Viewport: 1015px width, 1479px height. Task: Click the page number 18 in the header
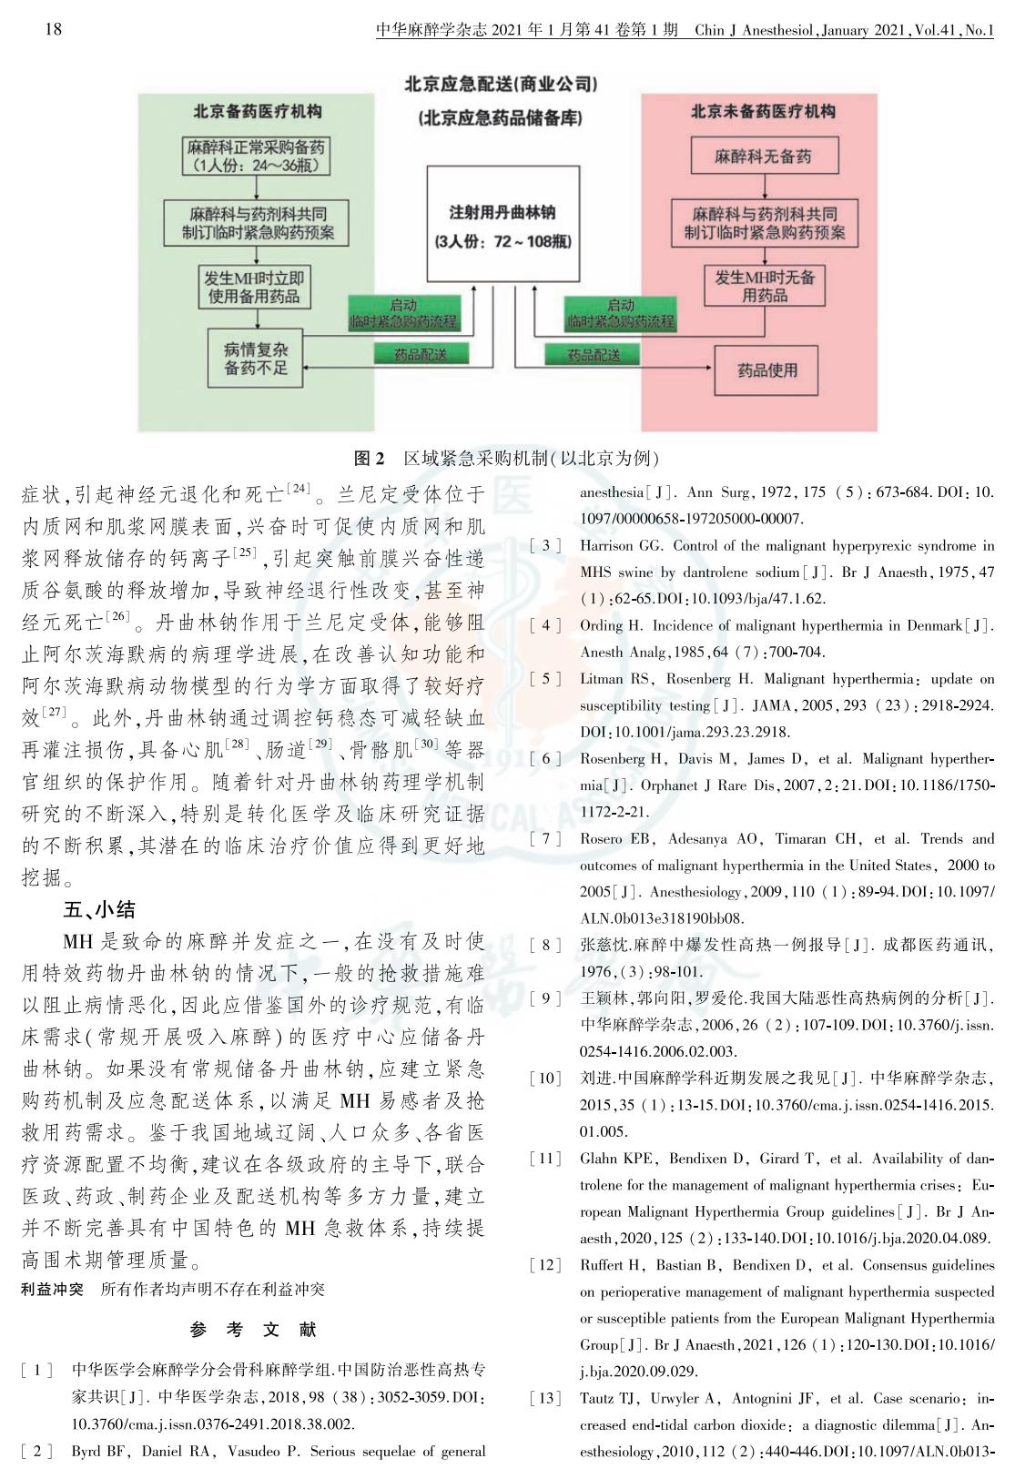tap(53, 29)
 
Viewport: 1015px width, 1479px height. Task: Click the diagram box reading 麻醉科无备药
tap(762, 156)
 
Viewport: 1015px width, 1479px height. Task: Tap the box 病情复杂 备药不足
tap(256, 358)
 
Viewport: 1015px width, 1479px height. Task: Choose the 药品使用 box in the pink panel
tap(766, 370)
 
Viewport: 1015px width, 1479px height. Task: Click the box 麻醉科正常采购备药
tap(256, 156)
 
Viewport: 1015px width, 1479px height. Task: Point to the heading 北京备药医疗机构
tap(257, 112)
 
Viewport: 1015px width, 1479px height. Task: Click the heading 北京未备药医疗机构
tap(762, 112)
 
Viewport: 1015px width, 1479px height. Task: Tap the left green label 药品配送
tap(421, 354)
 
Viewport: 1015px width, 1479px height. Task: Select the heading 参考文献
tap(253, 1330)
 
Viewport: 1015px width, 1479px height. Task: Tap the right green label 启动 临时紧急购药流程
tap(621, 314)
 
